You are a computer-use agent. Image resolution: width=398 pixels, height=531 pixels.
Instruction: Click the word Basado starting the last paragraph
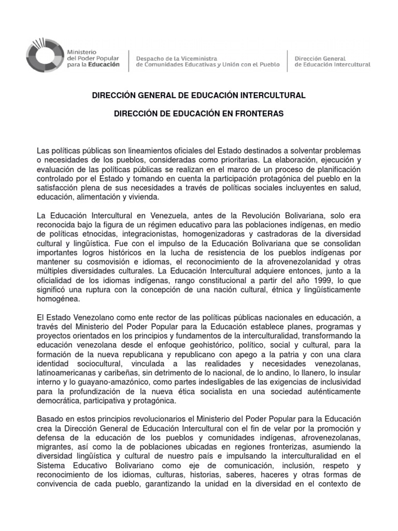click(x=50, y=418)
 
